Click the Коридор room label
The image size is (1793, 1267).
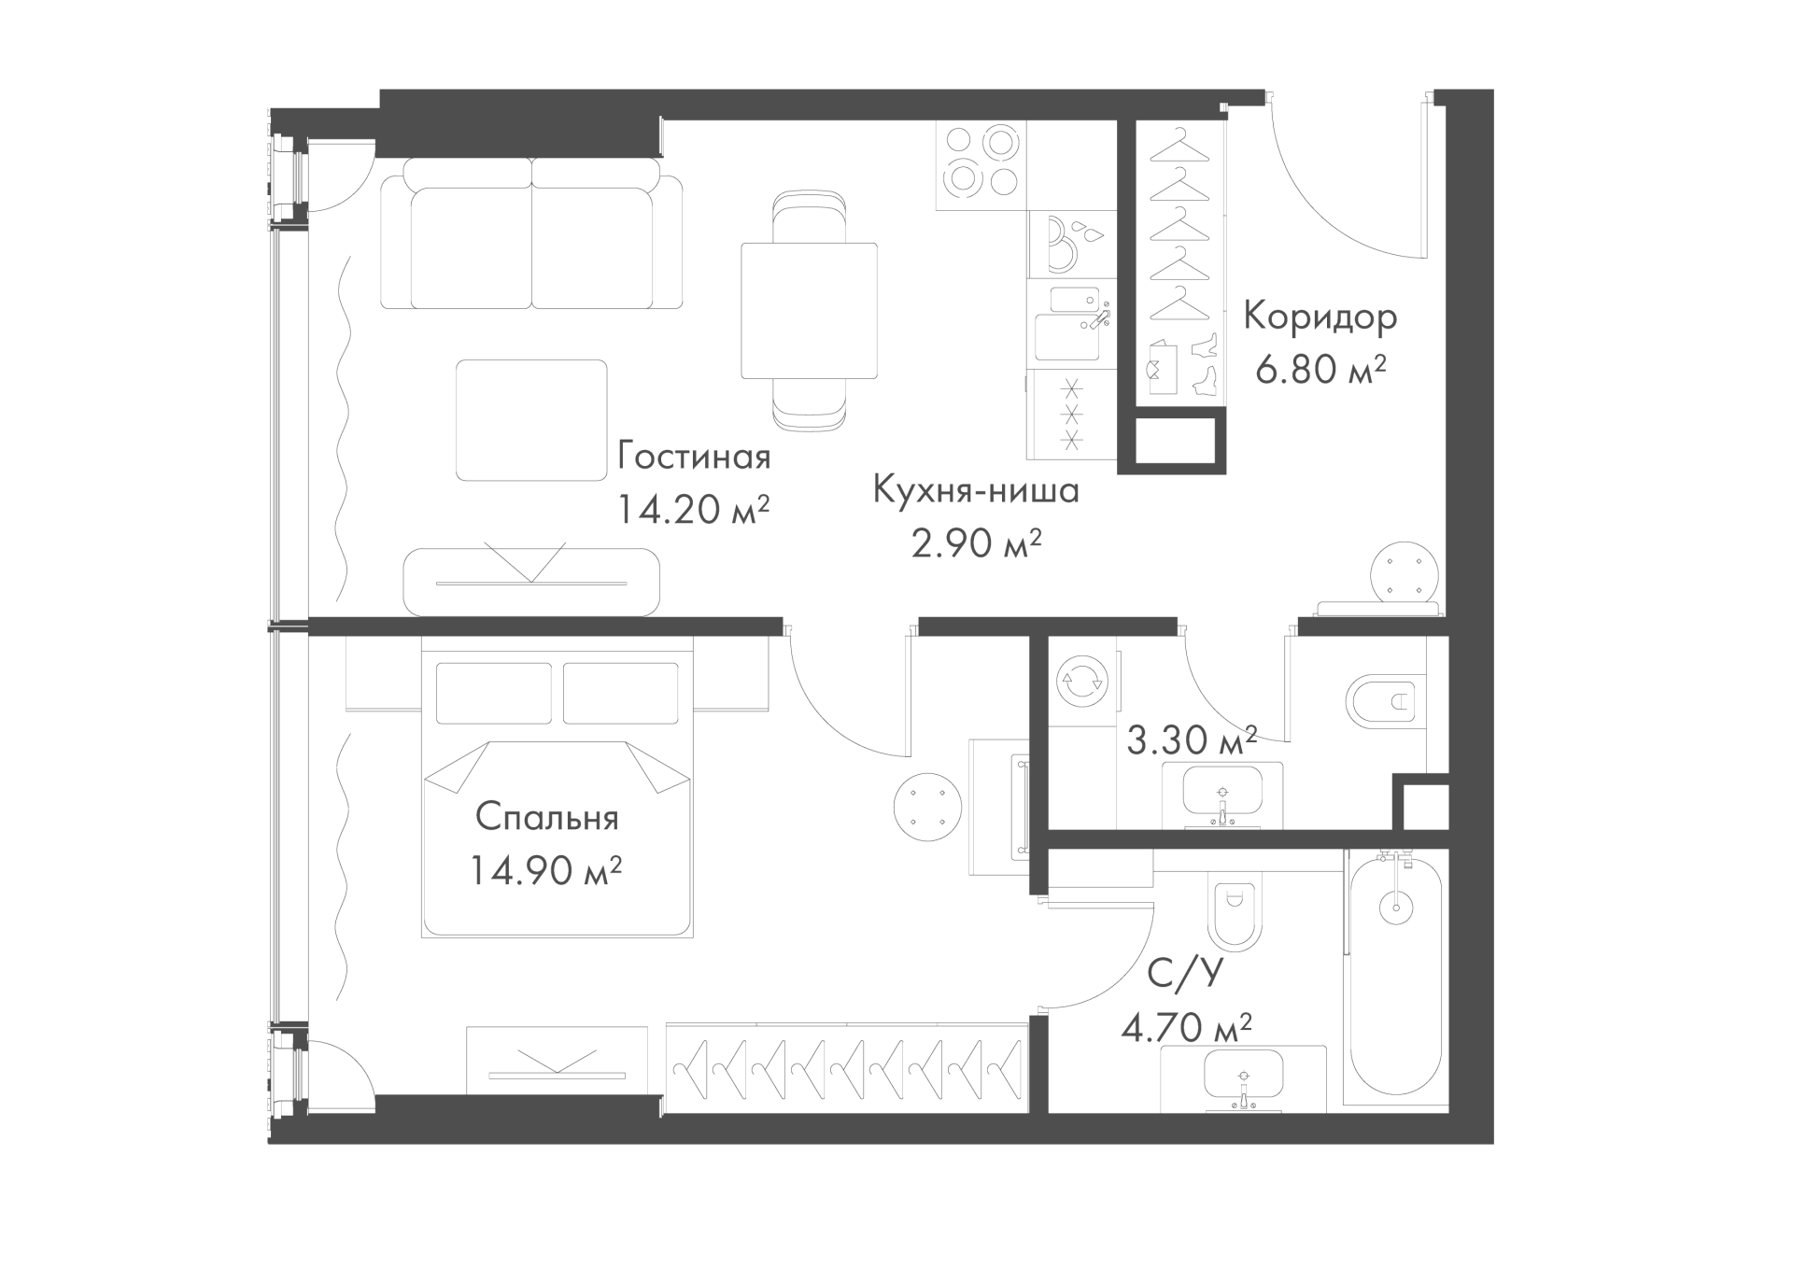coord(1320,318)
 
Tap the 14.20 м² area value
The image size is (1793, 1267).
coord(693,510)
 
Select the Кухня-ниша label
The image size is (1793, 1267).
coord(976,490)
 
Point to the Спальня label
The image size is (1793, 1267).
coord(547,819)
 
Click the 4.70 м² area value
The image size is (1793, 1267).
coord(1186,1029)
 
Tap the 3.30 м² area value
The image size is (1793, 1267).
coord(1192,741)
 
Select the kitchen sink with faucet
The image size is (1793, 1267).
coord(1073,323)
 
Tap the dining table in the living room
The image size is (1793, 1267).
coord(810,311)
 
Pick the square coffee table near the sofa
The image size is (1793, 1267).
coord(531,420)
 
